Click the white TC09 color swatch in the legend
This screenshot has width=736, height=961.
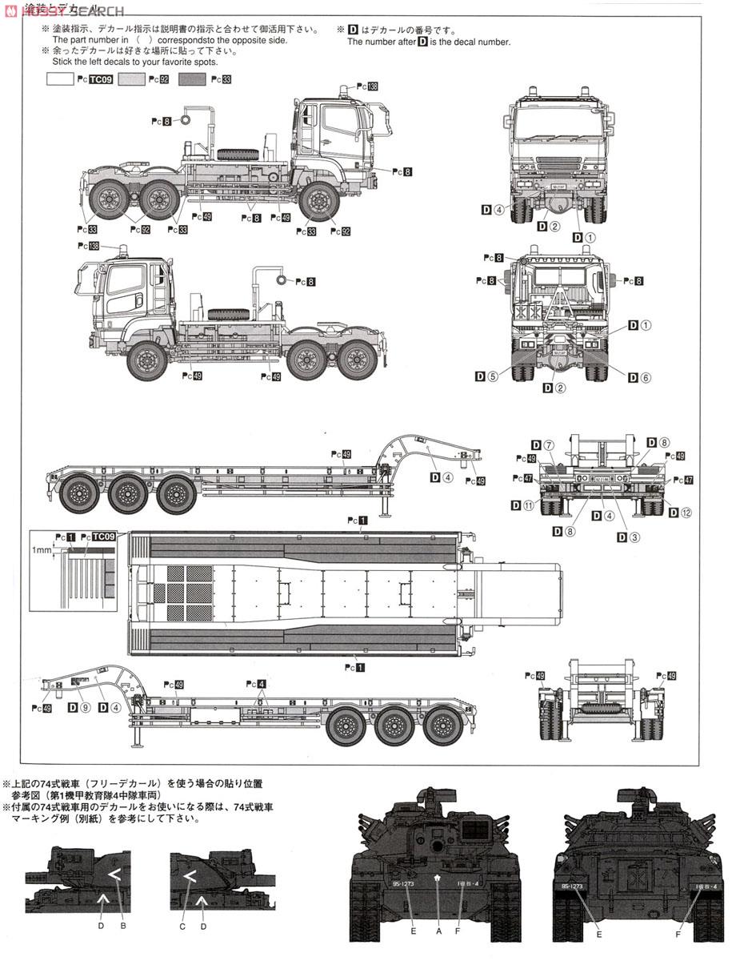click(x=61, y=79)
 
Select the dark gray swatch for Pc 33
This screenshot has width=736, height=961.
click(x=193, y=79)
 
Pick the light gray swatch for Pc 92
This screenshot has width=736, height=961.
click(x=131, y=79)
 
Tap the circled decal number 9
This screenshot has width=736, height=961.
click(x=85, y=708)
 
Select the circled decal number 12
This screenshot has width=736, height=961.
click(x=686, y=512)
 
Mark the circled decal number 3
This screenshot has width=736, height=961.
click(x=634, y=537)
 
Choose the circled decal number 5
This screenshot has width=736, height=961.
click(x=493, y=376)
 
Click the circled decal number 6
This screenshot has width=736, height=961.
click(x=646, y=378)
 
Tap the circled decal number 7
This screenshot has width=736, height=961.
click(x=548, y=445)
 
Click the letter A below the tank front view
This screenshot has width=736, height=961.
click(x=438, y=931)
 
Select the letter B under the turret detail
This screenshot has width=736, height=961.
click(x=123, y=927)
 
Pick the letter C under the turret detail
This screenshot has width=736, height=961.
click(x=182, y=927)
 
